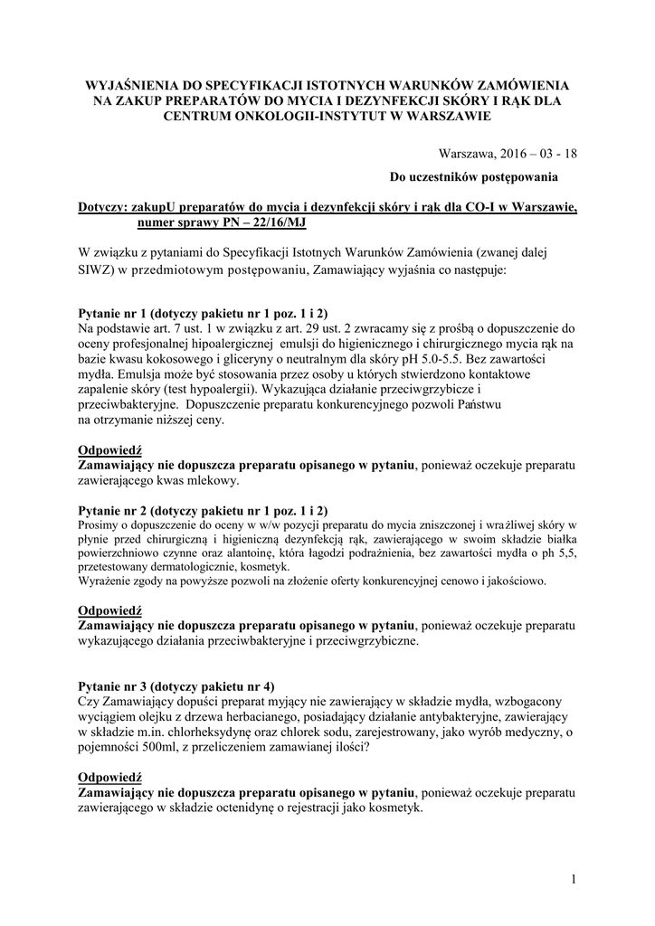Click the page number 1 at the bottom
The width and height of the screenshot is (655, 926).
[574, 878]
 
